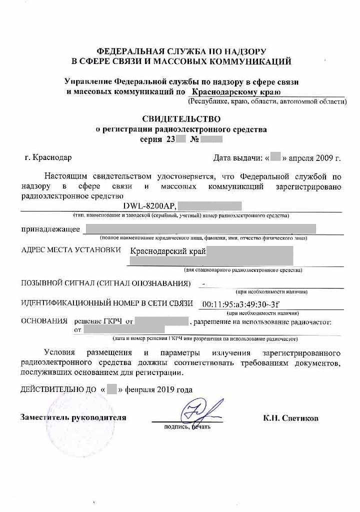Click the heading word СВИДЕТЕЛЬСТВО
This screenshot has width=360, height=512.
pyautogui.click(x=181, y=119)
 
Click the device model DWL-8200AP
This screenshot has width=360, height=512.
pyautogui.click(x=149, y=205)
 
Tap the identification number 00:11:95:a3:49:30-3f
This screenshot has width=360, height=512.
pyautogui.click(x=240, y=304)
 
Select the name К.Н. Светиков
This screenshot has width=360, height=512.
pyautogui.click(x=290, y=418)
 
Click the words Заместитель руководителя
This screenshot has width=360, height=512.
pyautogui.click(x=73, y=417)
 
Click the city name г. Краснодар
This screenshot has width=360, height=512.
pyautogui.click(x=48, y=158)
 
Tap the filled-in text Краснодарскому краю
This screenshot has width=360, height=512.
pyautogui.click(x=236, y=92)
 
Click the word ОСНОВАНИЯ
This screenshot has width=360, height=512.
pyautogui.click(x=44, y=320)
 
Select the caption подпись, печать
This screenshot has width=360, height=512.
pyautogui.click(x=187, y=427)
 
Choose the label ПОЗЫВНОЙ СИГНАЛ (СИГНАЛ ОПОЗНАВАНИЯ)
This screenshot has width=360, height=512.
pyautogui.click(x=106, y=283)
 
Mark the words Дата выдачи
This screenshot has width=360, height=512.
pyautogui.click(x=237, y=158)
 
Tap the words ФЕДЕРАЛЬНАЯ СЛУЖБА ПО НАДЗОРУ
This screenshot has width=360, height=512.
pyautogui.click(x=181, y=51)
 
